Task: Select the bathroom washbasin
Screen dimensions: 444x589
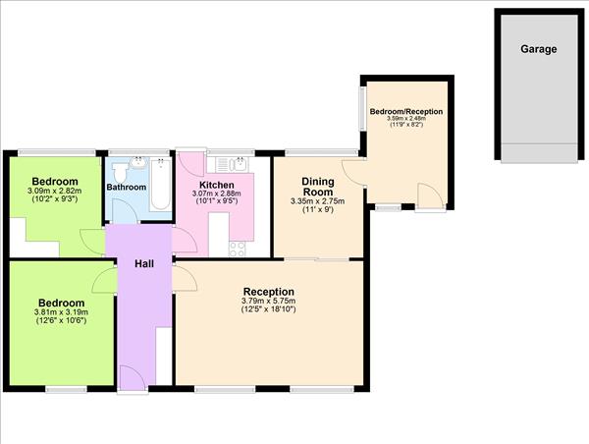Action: [x=138, y=161]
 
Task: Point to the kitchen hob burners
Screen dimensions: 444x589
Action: [x=238, y=248]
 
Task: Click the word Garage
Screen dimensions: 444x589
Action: [x=537, y=49]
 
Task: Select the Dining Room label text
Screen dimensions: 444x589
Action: [x=319, y=187]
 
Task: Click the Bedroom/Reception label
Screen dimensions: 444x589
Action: [x=405, y=112]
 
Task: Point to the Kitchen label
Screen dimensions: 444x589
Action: [x=216, y=185]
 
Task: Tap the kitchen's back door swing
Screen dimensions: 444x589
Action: [x=188, y=163]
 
